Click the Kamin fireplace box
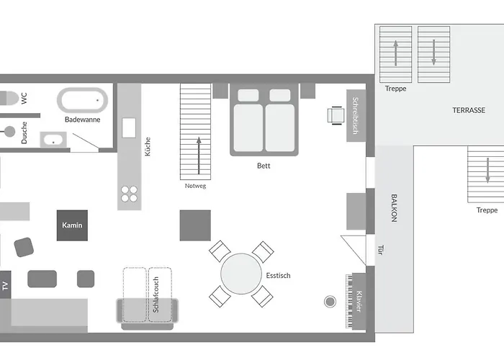(72, 225)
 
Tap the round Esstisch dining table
(241, 274)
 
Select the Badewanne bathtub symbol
(82, 100)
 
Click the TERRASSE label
(469, 110)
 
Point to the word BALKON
(394, 208)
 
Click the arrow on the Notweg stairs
(199, 156)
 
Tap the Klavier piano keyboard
(349, 301)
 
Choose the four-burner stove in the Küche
(129, 194)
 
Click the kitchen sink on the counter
(129, 128)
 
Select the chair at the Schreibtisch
(336, 115)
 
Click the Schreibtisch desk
(356, 116)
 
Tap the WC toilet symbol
(9, 98)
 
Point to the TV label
(5, 285)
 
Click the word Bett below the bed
(264, 166)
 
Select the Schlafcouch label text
(156, 294)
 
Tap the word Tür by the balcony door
(381, 250)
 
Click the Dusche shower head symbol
(9, 131)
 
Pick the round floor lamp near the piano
(330, 302)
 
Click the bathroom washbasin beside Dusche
(53, 140)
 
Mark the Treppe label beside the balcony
(487, 210)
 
